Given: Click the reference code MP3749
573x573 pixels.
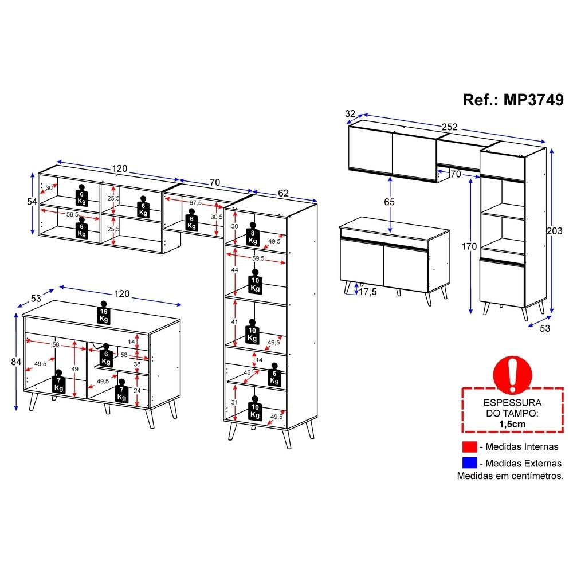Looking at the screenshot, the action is tap(533, 100).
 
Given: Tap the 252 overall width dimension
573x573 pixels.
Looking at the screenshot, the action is tap(449, 127).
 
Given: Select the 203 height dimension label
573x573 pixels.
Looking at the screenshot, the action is tap(554, 231).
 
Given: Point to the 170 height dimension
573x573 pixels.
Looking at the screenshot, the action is tap(469, 246).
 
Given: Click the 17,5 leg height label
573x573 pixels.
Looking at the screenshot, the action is tap(368, 292).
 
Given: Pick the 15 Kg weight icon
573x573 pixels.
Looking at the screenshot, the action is tap(104, 312).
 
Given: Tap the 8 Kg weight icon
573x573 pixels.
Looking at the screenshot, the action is tap(253, 234).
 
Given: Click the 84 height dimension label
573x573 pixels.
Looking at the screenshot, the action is tap(16, 362).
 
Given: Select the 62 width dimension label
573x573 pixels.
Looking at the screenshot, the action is tap(283, 193).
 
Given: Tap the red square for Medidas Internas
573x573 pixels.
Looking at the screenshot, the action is tap(470, 446).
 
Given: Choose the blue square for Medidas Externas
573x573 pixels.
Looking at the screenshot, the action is tap(470, 463).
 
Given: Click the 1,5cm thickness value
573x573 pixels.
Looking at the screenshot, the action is tap(512, 424).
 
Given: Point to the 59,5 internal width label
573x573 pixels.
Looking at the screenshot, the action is tap(258, 258).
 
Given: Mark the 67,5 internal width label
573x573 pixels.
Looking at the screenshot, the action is tap(195, 203).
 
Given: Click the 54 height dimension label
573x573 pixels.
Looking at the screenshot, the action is tap(32, 201).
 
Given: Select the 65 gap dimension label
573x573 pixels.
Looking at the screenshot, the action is tap(390, 202).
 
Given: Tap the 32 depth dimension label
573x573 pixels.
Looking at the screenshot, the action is tap(350, 113).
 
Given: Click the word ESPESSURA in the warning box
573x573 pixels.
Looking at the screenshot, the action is tap(512, 403).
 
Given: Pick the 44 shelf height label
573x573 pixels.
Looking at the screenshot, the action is tap(234, 270).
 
